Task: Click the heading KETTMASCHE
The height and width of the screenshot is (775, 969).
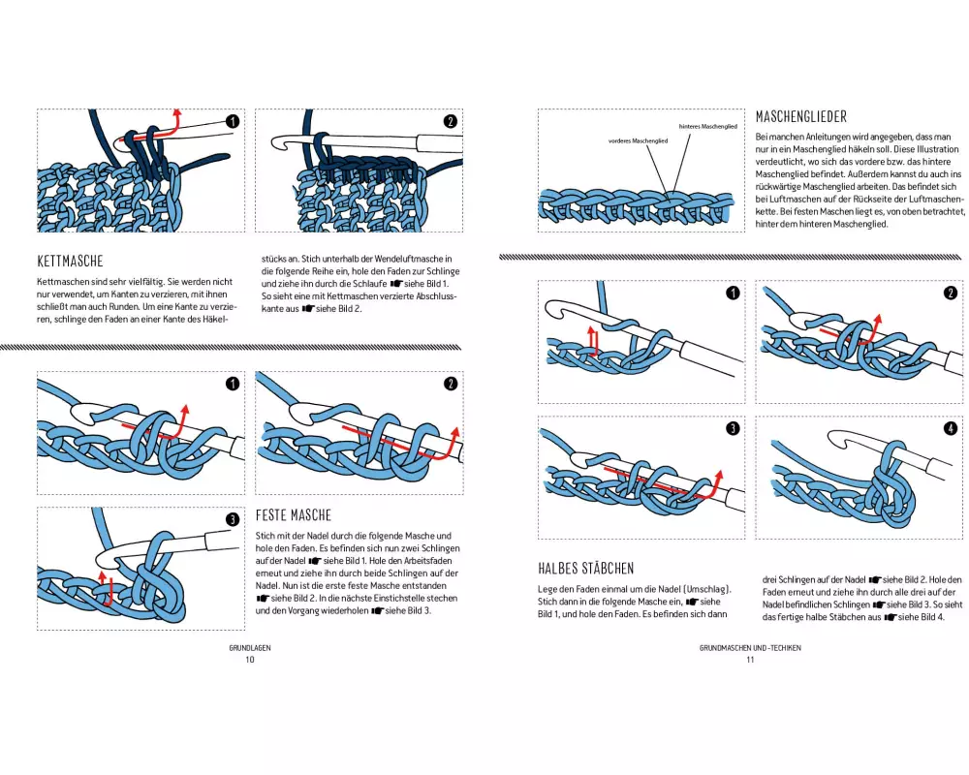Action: click(70, 261)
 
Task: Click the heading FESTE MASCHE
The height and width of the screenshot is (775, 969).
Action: click(293, 515)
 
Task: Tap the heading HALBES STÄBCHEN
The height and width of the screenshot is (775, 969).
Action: click(585, 568)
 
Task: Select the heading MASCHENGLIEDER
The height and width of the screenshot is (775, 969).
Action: click(800, 117)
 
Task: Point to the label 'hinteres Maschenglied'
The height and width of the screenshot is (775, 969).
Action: click(708, 127)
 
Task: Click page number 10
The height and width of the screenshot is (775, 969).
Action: click(249, 660)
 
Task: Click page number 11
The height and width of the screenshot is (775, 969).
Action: click(749, 660)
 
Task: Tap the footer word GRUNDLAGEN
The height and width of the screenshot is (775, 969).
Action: click(249, 647)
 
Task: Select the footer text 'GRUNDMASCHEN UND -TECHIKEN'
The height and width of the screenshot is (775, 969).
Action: click(749, 647)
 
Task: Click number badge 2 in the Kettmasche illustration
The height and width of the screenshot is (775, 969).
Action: click(450, 122)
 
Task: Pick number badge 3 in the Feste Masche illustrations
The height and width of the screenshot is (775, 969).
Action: click(232, 520)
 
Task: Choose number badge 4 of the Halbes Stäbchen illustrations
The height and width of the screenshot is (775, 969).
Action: click(950, 429)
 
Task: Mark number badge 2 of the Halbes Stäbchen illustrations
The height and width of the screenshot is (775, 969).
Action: click(950, 294)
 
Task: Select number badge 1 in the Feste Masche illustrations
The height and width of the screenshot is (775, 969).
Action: click(232, 384)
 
